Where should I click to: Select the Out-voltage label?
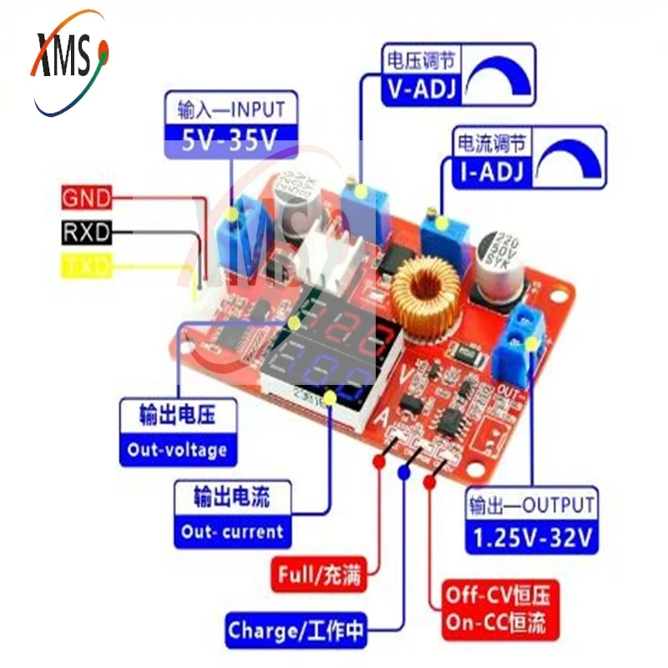coord(177,450)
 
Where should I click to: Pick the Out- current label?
coord(233,531)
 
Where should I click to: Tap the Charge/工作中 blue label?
coord(297,630)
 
